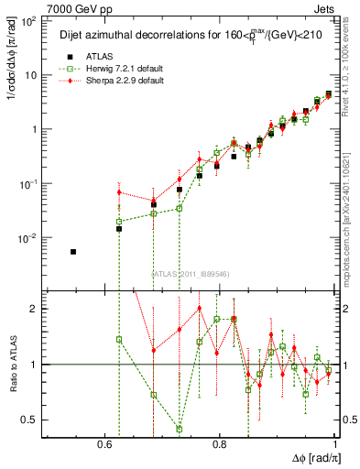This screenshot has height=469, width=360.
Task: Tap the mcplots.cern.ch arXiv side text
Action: [x=351, y=202]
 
